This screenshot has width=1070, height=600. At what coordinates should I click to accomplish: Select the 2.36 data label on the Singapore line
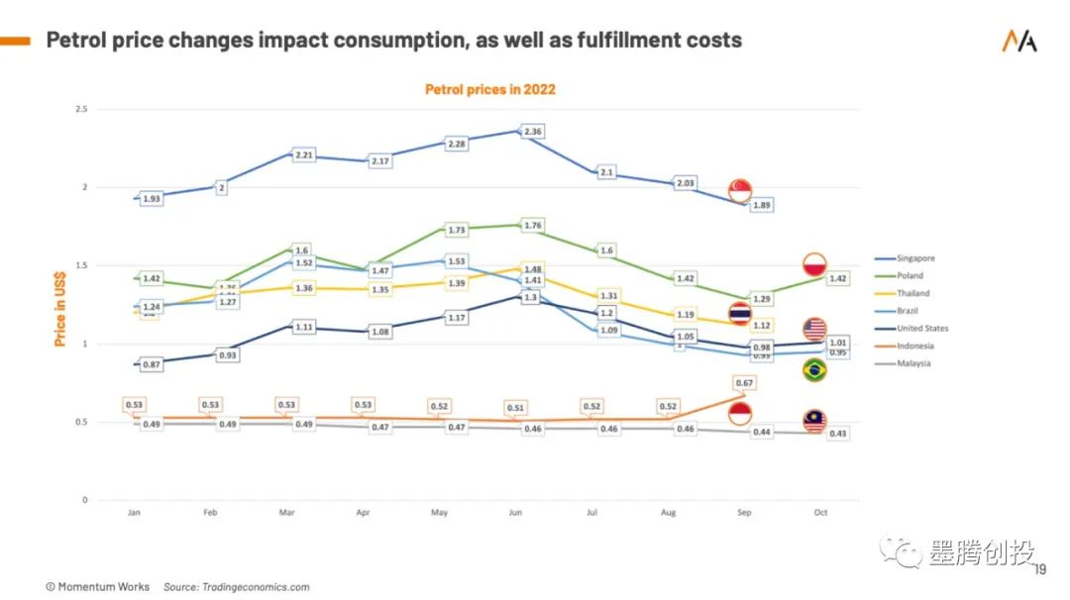(533, 131)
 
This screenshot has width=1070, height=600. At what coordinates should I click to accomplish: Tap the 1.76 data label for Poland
(533, 225)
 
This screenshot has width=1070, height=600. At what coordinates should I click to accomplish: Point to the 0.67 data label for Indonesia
(745, 382)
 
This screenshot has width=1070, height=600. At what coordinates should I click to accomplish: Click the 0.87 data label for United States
(152, 364)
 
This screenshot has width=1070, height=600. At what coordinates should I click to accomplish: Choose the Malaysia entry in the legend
(913, 363)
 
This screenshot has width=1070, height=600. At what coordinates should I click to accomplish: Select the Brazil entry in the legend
(909, 311)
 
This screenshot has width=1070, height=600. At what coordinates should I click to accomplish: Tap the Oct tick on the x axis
(820, 513)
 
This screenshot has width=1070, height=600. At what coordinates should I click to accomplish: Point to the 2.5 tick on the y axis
(81, 109)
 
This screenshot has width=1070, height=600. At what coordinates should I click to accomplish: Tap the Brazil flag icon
(814, 370)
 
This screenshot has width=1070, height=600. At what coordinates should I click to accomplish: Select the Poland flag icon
(814, 265)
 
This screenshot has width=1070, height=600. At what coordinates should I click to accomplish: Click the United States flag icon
(814, 330)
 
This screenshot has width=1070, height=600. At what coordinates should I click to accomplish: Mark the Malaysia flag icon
(814, 421)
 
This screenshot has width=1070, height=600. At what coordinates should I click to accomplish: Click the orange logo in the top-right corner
(1019, 41)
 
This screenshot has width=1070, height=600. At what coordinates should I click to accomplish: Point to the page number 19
(1039, 569)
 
